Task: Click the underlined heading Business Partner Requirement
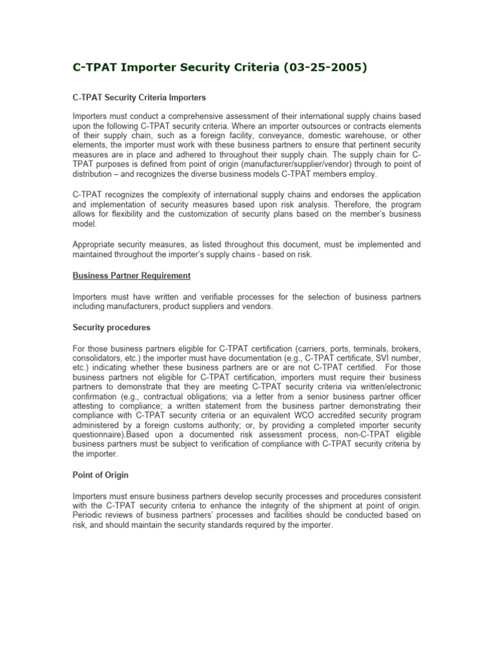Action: coord(131,275)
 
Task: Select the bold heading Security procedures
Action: coord(111,327)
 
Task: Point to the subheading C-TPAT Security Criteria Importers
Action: coord(139,98)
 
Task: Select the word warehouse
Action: coord(360,136)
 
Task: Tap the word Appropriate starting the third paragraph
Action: coord(95,245)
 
